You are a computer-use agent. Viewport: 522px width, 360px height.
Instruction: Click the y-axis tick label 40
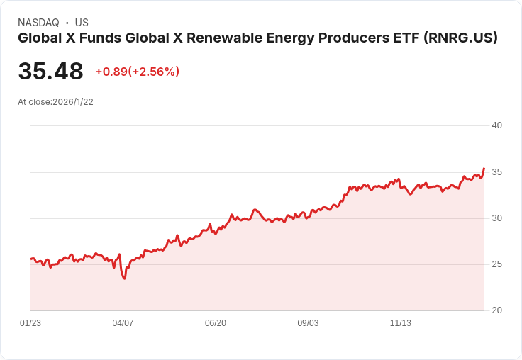click(496, 125)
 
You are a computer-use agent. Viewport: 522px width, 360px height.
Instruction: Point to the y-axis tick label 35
click(496, 172)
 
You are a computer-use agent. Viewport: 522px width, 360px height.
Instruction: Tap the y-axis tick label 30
click(496, 218)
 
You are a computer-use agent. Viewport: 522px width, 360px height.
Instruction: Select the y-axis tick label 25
click(496, 264)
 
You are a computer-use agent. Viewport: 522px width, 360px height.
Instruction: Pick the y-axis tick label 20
click(496, 310)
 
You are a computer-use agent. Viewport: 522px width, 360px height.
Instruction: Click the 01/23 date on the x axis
click(30, 323)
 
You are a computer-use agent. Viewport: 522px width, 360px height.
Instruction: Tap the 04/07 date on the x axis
click(123, 323)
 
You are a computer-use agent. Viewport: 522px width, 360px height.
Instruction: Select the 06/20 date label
click(216, 323)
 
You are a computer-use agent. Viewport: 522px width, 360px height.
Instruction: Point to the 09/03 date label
click(308, 323)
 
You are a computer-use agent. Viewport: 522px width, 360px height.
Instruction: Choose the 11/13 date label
click(401, 323)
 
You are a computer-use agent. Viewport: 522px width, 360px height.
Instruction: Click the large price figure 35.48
click(50, 72)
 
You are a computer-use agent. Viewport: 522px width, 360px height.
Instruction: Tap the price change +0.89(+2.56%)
click(138, 72)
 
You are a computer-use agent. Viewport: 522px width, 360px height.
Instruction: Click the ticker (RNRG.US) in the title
click(461, 38)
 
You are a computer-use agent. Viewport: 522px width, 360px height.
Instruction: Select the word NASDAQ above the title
click(38, 23)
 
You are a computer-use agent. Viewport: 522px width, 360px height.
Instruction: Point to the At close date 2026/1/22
click(73, 102)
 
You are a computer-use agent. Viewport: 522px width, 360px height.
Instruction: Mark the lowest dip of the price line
click(125, 279)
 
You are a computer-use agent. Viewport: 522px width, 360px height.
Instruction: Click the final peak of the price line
click(484, 169)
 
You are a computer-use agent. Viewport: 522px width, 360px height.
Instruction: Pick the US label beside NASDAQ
click(82, 23)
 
